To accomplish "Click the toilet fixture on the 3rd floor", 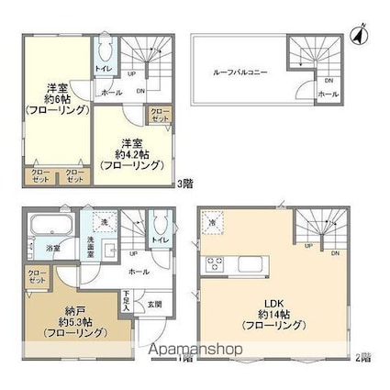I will [104, 46].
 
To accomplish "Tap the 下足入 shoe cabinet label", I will [127, 300].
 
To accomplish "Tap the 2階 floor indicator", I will [363, 356].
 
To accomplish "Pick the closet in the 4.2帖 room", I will [159, 117].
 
